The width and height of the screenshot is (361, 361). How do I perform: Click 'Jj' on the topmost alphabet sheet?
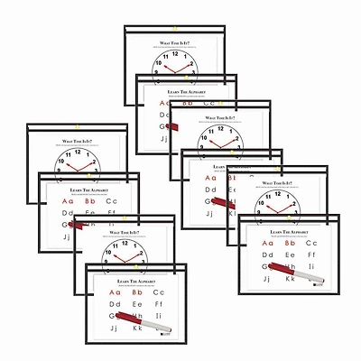(165, 139)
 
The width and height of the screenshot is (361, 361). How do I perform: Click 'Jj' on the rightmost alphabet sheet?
(268, 281)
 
